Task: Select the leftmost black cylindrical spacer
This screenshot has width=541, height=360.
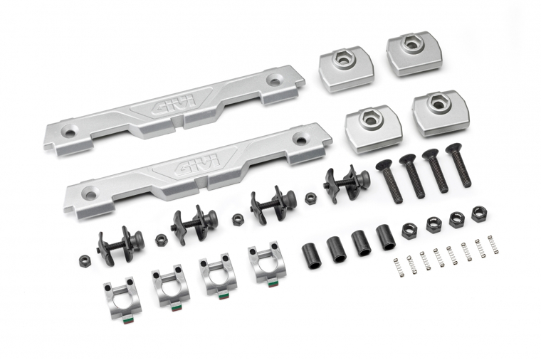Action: pos(312,256)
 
